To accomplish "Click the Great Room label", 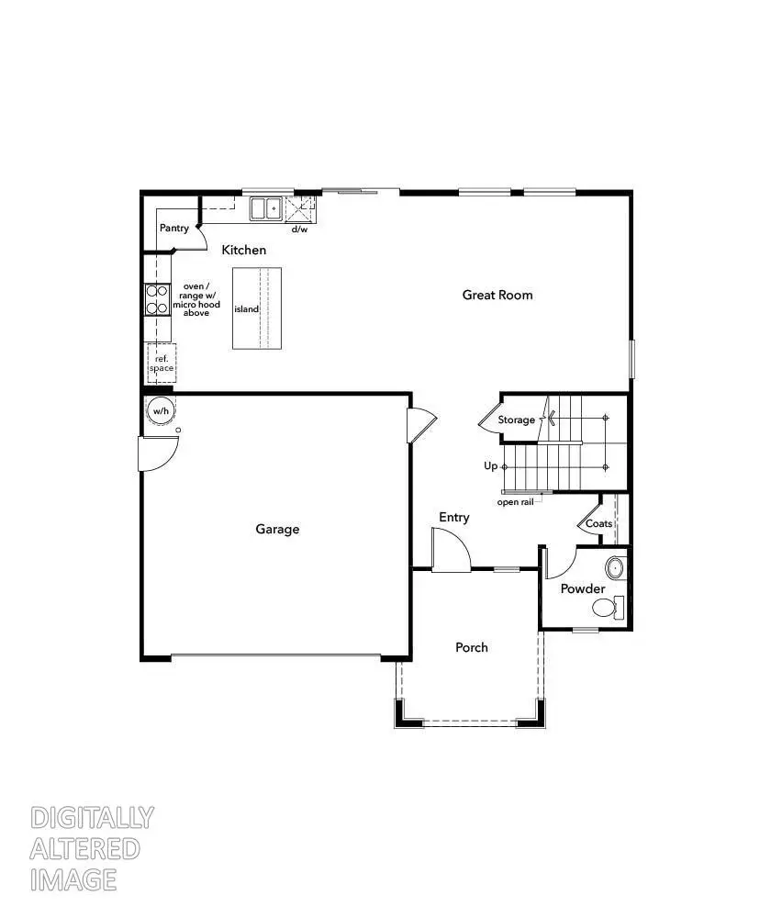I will click(497, 295).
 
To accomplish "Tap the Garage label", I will click(277, 529).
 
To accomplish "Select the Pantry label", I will click(174, 228).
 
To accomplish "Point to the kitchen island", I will click(257, 308).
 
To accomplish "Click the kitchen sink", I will click(266, 208).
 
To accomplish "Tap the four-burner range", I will click(157, 300).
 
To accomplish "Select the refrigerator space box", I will click(162, 362).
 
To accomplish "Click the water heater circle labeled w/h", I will click(161, 410).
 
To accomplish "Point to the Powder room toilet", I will click(606, 607).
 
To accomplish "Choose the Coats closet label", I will click(599, 523).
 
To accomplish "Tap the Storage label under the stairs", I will click(517, 420).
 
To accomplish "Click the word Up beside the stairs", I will click(491, 466).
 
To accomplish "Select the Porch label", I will click(472, 647).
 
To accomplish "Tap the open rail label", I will click(515, 502).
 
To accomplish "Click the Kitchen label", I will click(244, 250).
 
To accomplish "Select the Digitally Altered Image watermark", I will click(92, 848).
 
